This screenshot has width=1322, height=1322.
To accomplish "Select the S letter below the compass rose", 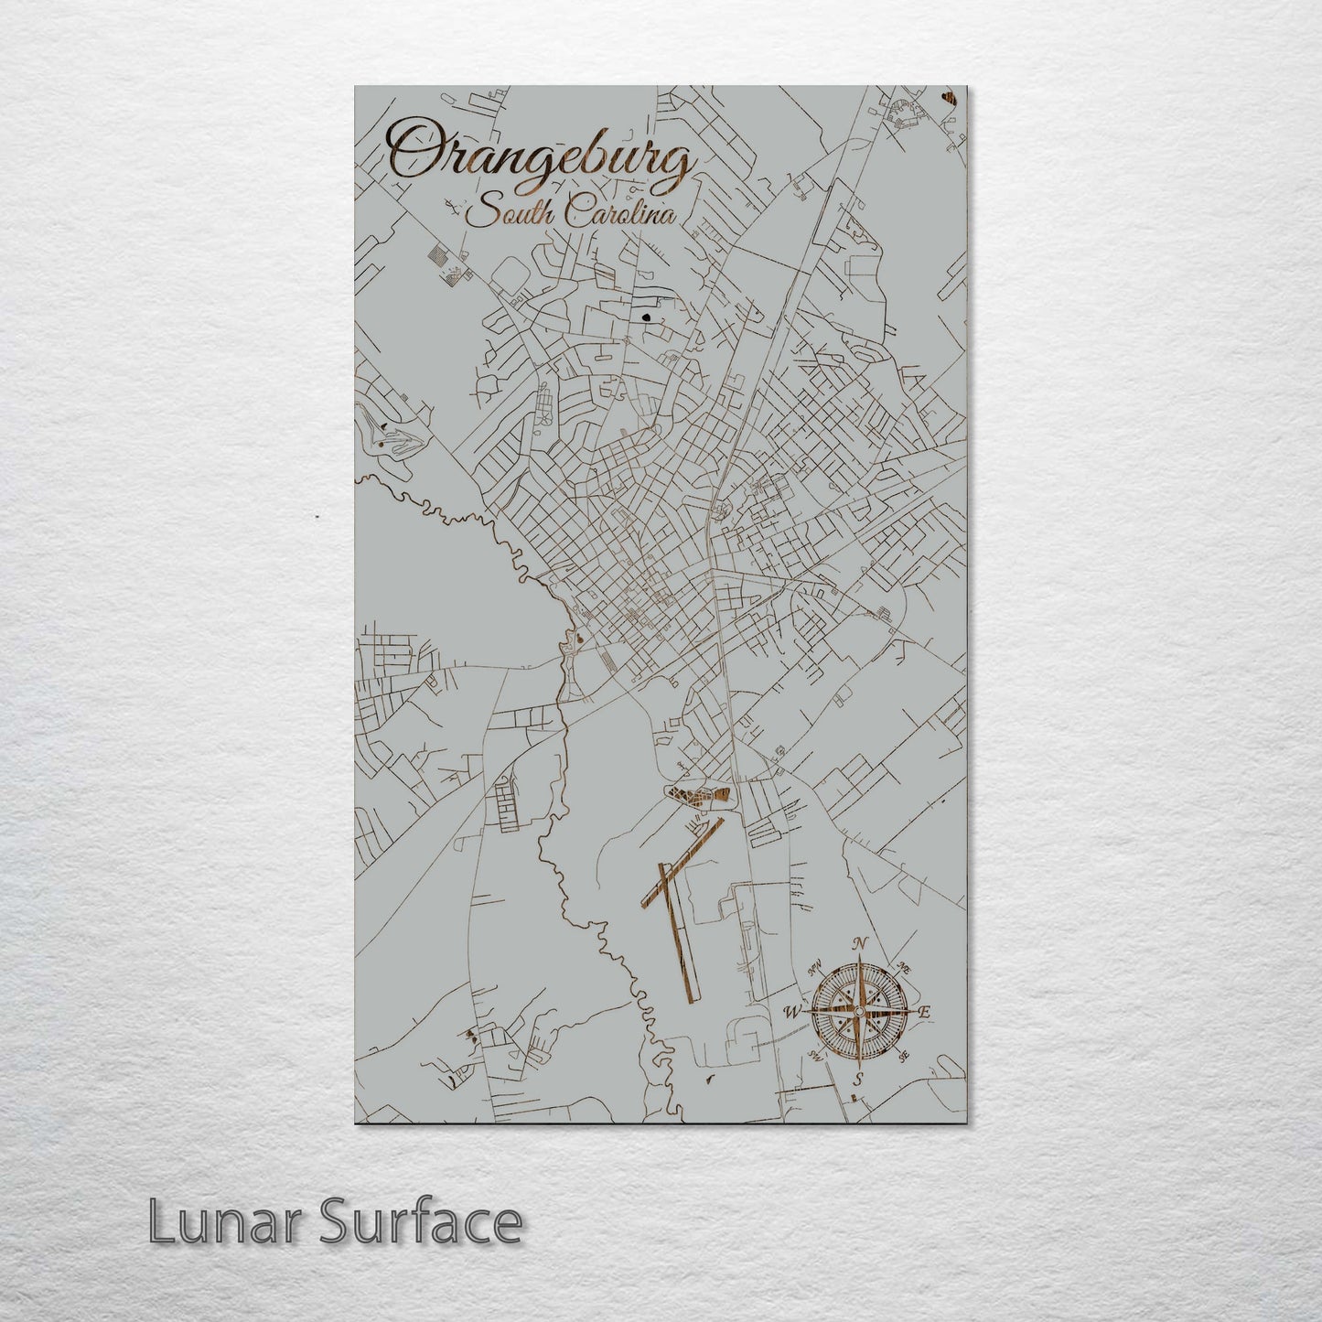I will pyautogui.click(x=857, y=1080).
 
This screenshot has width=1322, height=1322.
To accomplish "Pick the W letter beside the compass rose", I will pyautogui.click(x=791, y=1012).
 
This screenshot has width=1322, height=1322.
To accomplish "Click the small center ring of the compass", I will pyautogui.click(x=858, y=1010).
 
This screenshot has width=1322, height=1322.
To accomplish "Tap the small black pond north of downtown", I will pyautogui.click(x=647, y=318).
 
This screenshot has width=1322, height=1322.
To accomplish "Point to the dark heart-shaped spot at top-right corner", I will pyautogui.click(x=949, y=94).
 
